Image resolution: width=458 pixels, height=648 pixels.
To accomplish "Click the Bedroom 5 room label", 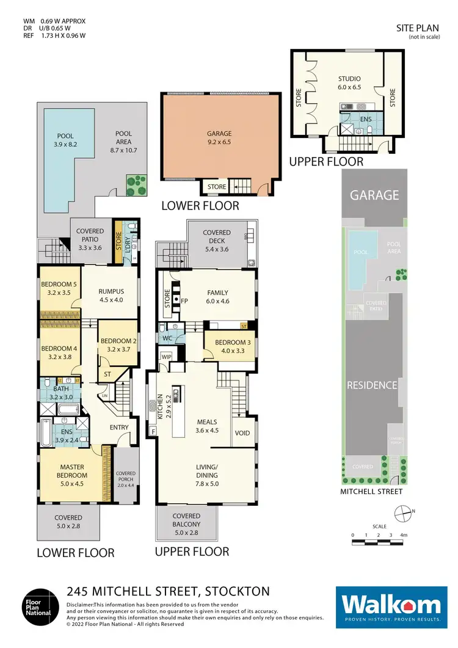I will click(x=59, y=288).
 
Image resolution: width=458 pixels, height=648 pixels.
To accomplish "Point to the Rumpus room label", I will click(x=111, y=295).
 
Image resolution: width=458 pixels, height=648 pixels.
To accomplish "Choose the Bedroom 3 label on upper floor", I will click(x=230, y=346).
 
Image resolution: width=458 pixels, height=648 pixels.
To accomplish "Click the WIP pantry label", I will click(x=166, y=356).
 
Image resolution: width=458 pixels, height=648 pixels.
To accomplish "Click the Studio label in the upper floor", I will click(x=349, y=82).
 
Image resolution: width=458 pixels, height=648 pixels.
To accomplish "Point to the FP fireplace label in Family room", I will click(x=185, y=301).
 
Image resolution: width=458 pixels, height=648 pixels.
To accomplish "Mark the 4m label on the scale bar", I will click(x=404, y=536).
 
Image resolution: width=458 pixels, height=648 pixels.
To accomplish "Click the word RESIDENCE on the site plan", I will click(x=373, y=385).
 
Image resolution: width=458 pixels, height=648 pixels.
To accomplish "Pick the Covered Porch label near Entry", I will click(x=126, y=477).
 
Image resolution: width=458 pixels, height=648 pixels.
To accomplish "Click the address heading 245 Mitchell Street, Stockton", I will click(x=168, y=591).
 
